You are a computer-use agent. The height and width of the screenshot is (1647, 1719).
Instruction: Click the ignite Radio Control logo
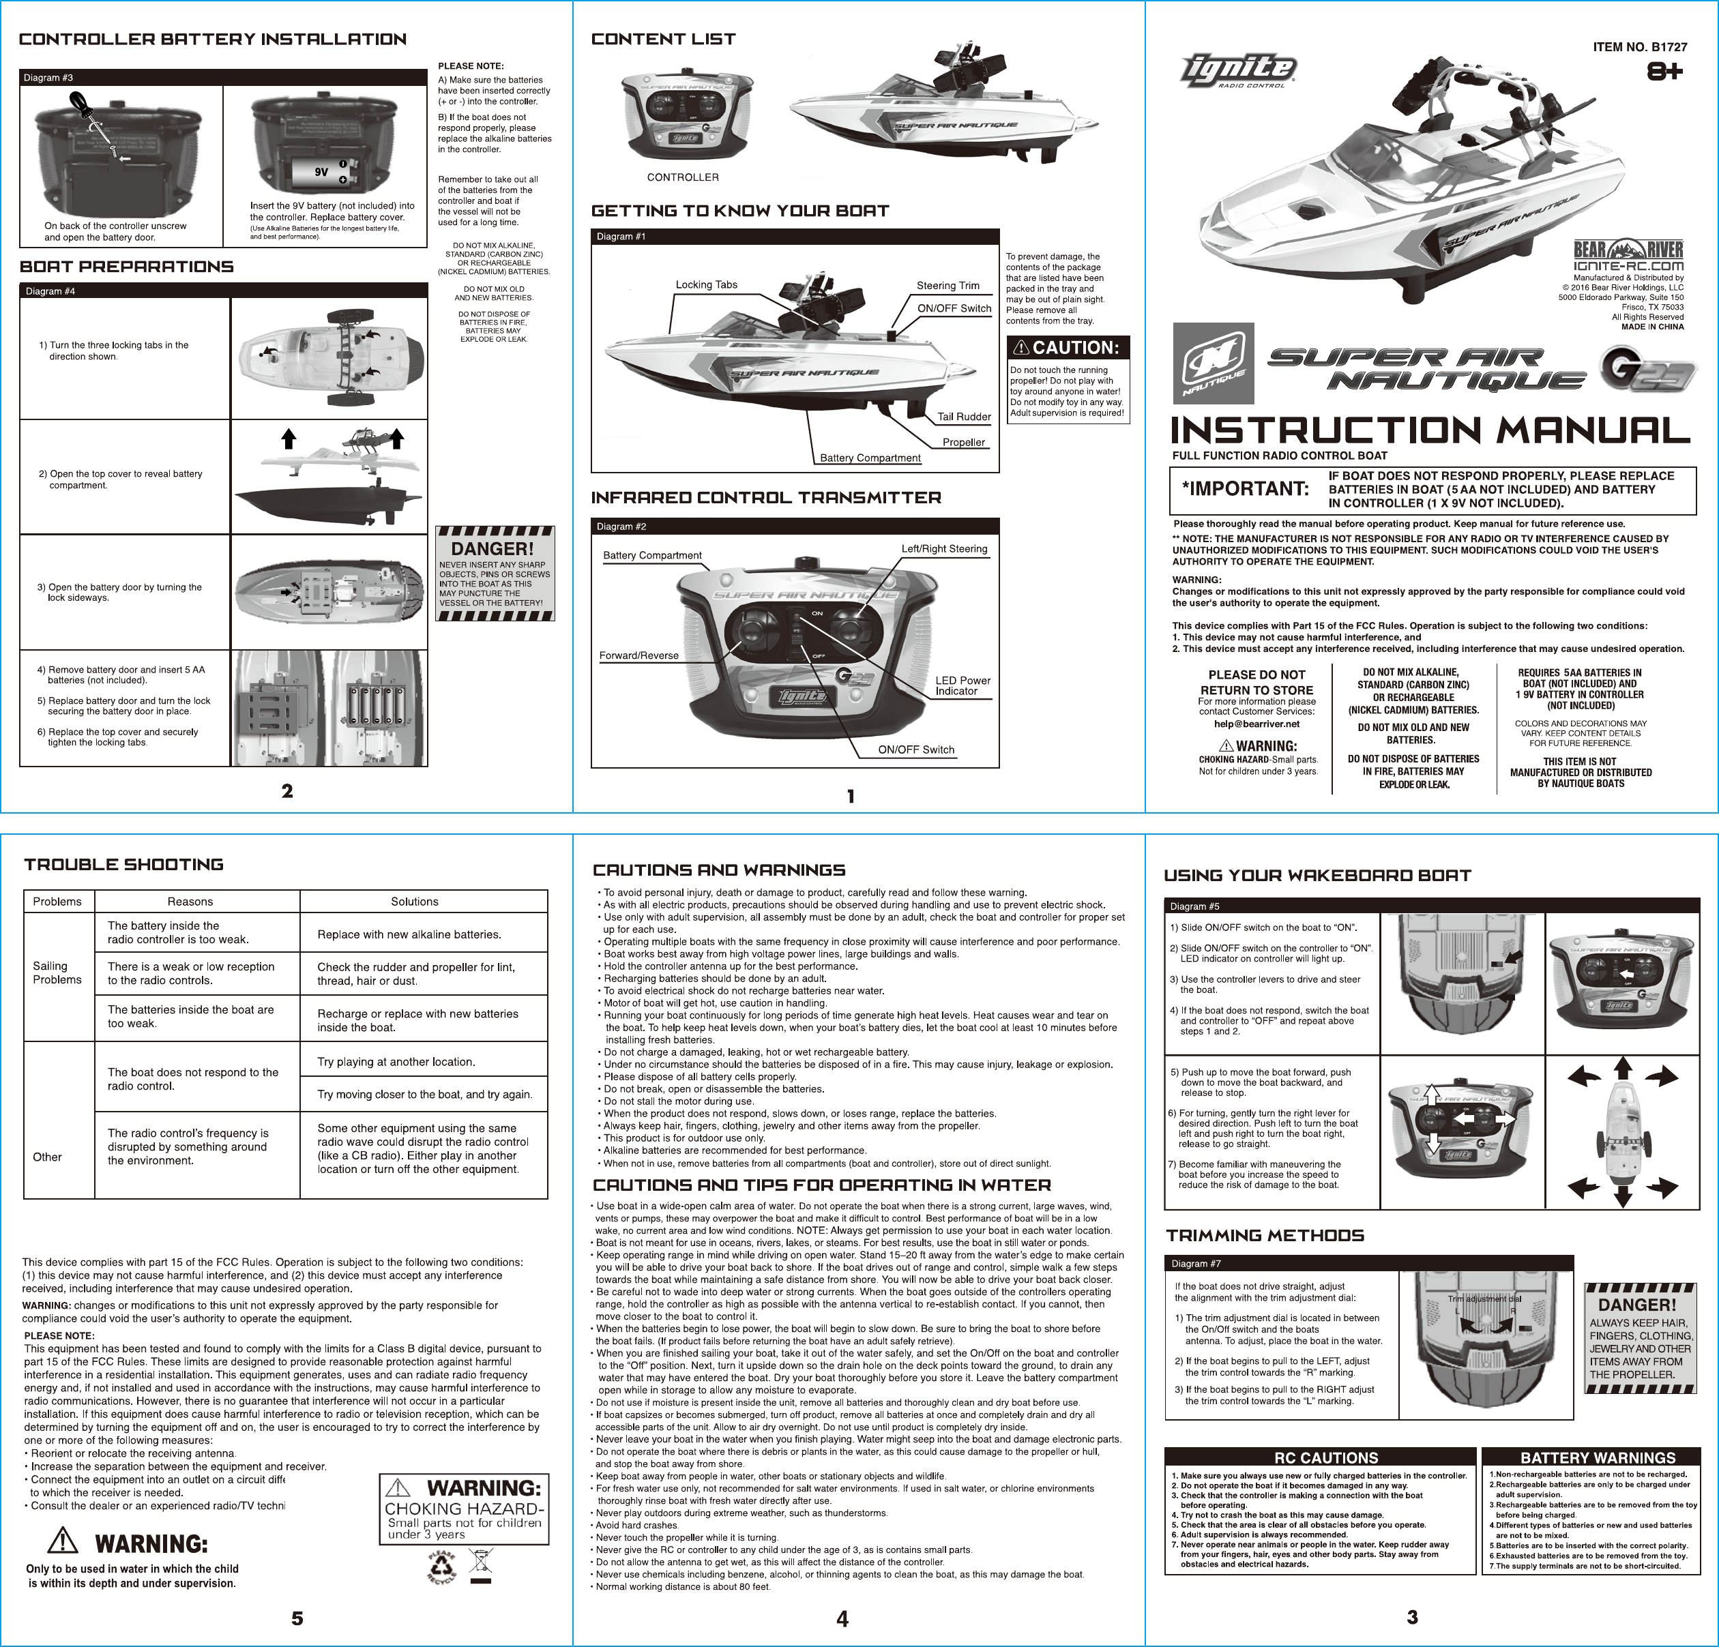tap(1237, 70)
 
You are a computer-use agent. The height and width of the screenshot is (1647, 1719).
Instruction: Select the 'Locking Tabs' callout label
tap(706, 285)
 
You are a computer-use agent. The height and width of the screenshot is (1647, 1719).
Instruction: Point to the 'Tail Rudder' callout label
tap(964, 417)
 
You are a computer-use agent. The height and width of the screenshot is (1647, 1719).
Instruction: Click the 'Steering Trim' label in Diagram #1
tap(947, 286)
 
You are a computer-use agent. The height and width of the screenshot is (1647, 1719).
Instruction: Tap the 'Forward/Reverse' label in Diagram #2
tap(638, 655)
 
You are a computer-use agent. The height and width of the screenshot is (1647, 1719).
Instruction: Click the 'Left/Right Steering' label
tap(943, 549)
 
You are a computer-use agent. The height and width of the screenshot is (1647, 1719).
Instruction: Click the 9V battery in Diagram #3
tap(325, 172)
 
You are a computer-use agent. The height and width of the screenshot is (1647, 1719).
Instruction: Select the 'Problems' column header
tap(57, 902)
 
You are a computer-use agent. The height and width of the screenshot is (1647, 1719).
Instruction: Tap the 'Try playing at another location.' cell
tap(396, 1062)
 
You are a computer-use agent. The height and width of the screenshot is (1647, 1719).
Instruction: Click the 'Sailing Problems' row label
tap(57, 973)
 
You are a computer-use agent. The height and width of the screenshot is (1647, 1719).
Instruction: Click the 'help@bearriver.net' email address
tap(1256, 724)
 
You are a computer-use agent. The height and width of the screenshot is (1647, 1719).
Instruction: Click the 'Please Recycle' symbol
tap(441, 1567)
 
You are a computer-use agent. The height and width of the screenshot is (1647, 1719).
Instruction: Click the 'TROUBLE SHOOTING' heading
tap(123, 865)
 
